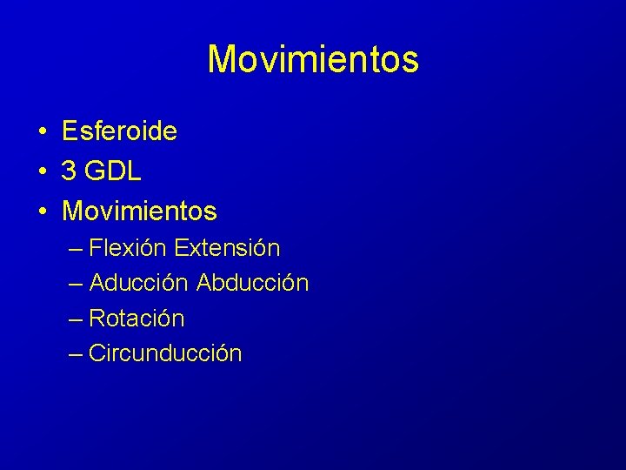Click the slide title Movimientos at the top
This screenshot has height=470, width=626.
click(313, 59)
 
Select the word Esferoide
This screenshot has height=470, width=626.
click(119, 131)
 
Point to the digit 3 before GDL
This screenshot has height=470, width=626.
click(69, 171)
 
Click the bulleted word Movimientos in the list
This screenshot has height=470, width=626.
click(139, 211)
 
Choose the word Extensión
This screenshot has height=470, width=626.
click(227, 248)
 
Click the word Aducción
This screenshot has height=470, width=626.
click(139, 283)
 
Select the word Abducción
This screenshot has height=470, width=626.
click(253, 283)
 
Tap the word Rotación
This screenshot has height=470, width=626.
click(137, 319)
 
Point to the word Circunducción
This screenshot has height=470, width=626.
click(165, 353)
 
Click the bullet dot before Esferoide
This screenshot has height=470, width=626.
click(42, 132)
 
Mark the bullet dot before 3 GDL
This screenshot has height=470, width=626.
click(42, 172)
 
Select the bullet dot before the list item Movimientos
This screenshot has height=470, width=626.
click(42, 211)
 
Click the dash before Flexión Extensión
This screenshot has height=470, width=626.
click(75, 249)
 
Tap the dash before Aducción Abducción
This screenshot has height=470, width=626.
click(75, 284)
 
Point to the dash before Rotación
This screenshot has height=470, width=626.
click(75, 319)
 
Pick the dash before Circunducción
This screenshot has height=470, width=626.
click(75, 354)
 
